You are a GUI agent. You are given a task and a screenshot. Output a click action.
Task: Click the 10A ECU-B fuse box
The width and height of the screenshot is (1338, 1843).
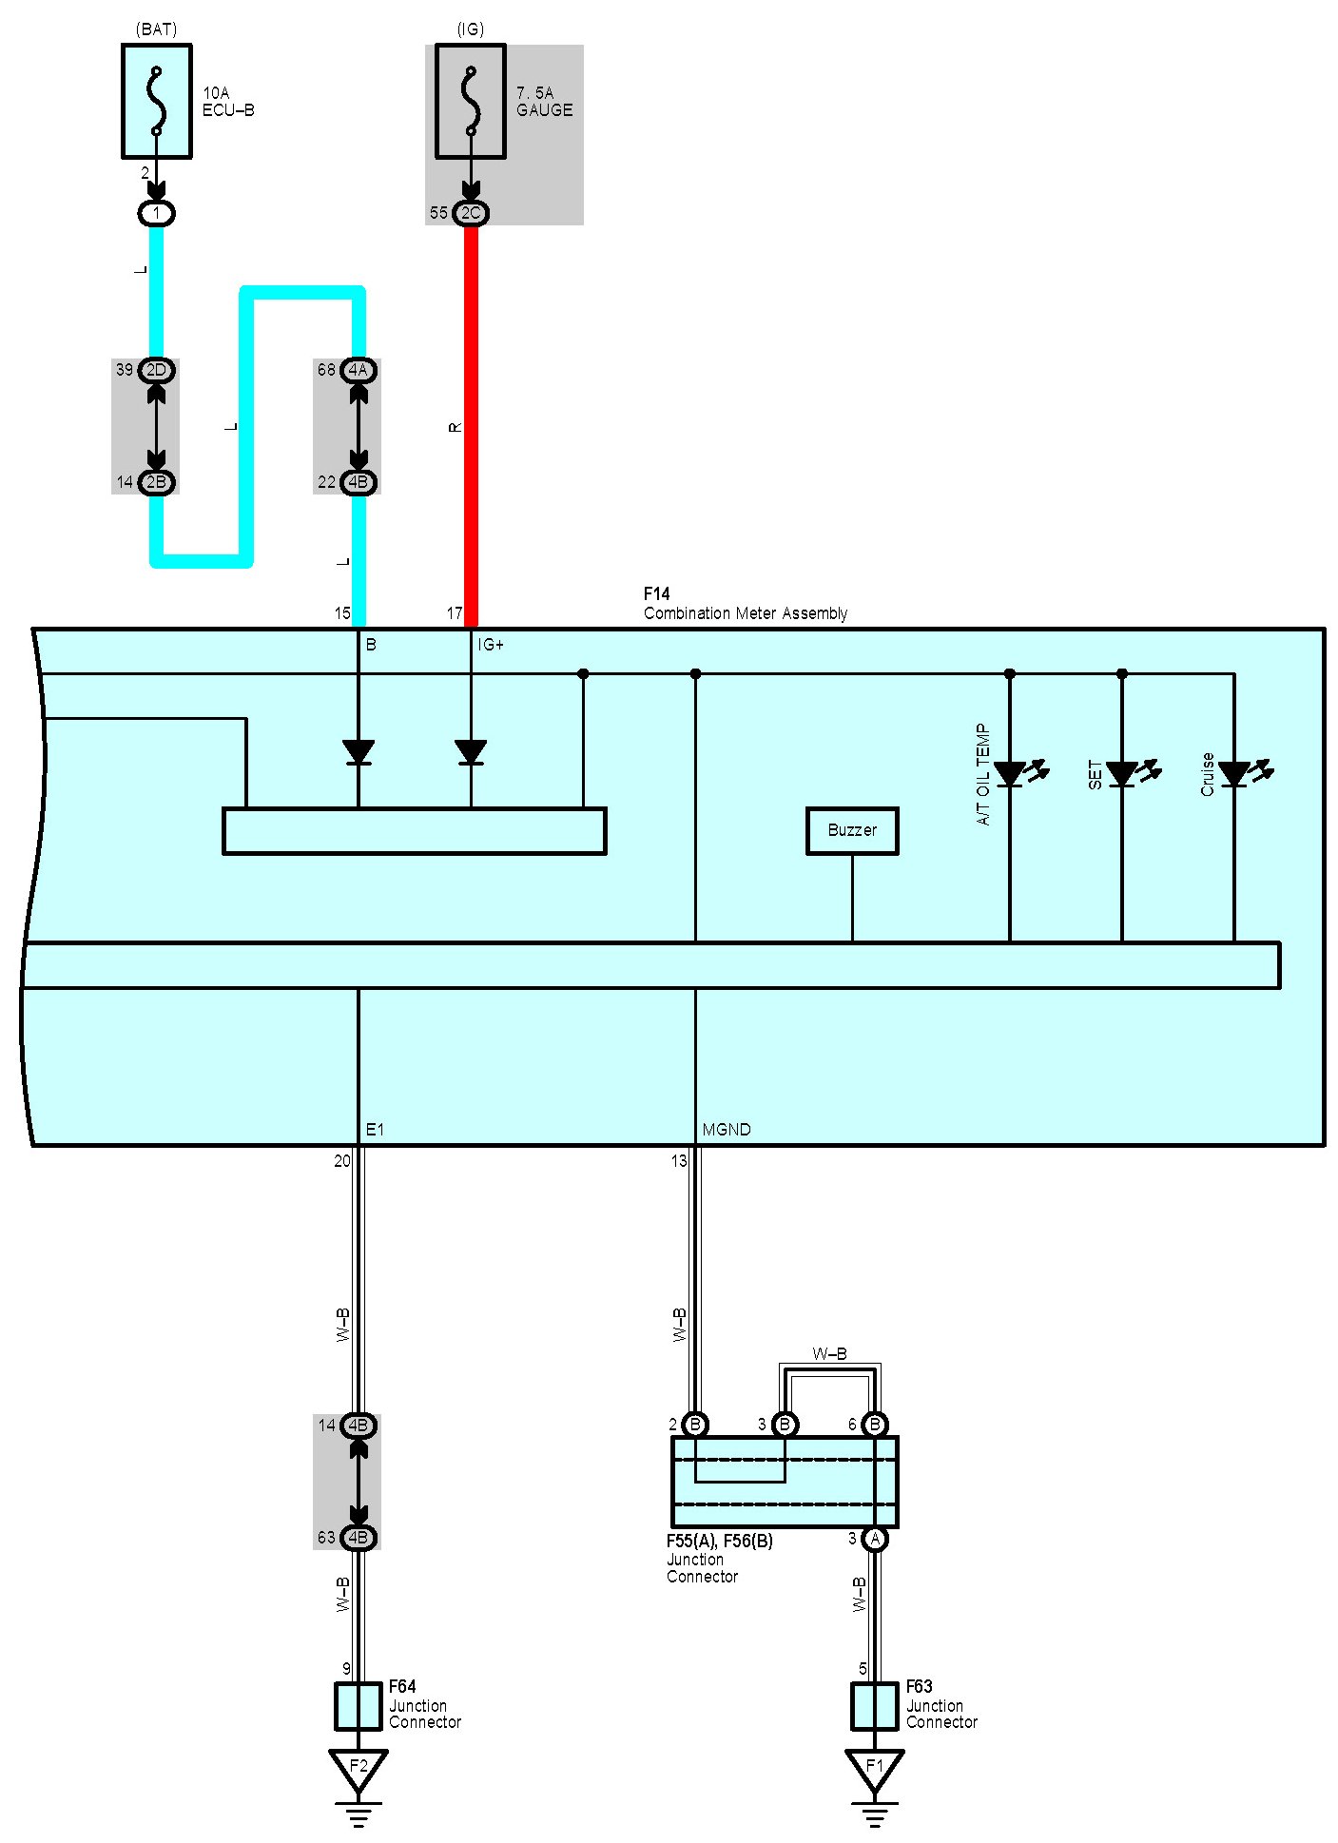pyautogui.click(x=157, y=101)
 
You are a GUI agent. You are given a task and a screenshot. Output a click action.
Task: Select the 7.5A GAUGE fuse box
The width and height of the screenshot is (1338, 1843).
pyautogui.click(x=470, y=101)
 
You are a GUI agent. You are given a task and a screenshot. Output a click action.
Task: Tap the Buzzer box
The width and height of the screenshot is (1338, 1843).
pyautogui.click(x=852, y=831)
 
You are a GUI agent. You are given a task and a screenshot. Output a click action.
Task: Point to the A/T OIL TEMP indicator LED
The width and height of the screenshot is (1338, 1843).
pyautogui.click(x=1010, y=774)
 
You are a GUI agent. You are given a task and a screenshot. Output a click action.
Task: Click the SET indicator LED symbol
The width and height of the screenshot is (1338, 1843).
pyautogui.click(x=1122, y=774)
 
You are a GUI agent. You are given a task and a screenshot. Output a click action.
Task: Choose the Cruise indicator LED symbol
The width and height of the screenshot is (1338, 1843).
pyautogui.click(x=1234, y=774)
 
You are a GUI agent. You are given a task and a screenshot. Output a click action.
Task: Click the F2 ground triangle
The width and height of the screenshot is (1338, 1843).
pyautogui.click(x=359, y=1768)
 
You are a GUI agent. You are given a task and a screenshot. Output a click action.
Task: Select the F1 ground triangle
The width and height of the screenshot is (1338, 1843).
pyautogui.click(x=875, y=1768)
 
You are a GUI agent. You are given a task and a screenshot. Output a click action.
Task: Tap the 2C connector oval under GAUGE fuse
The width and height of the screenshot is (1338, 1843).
pyautogui.click(x=471, y=213)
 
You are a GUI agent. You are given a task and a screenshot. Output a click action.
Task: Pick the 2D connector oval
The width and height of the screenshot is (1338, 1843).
pyautogui.click(x=157, y=370)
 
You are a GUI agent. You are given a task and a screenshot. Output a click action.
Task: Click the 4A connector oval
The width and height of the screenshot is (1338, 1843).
pyautogui.click(x=359, y=370)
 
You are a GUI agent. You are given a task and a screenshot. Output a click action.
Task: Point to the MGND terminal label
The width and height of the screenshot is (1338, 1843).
pyautogui.click(x=727, y=1130)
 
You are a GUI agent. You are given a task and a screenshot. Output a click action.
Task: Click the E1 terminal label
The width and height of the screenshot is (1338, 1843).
pyautogui.click(x=376, y=1130)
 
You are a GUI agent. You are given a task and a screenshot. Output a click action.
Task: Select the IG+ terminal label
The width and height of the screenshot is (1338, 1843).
pyautogui.click(x=491, y=645)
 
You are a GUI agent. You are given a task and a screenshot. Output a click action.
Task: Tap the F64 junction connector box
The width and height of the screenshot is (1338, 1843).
pyautogui.click(x=359, y=1706)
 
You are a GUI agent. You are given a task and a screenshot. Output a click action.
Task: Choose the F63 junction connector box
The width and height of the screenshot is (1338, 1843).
pyautogui.click(x=875, y=1706)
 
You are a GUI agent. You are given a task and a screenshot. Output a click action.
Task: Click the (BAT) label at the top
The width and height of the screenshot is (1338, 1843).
pyautogui.click(x=157, y=29)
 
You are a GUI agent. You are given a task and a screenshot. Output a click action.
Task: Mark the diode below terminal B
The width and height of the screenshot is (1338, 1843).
pyautogui.click(x=359, y=752)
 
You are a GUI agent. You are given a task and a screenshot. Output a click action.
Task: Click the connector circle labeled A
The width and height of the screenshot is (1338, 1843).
pyautogui.click(x=875, y=1539)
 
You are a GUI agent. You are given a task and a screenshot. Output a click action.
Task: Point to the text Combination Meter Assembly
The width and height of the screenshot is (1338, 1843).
pyautogui.click(x=746, y=613)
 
